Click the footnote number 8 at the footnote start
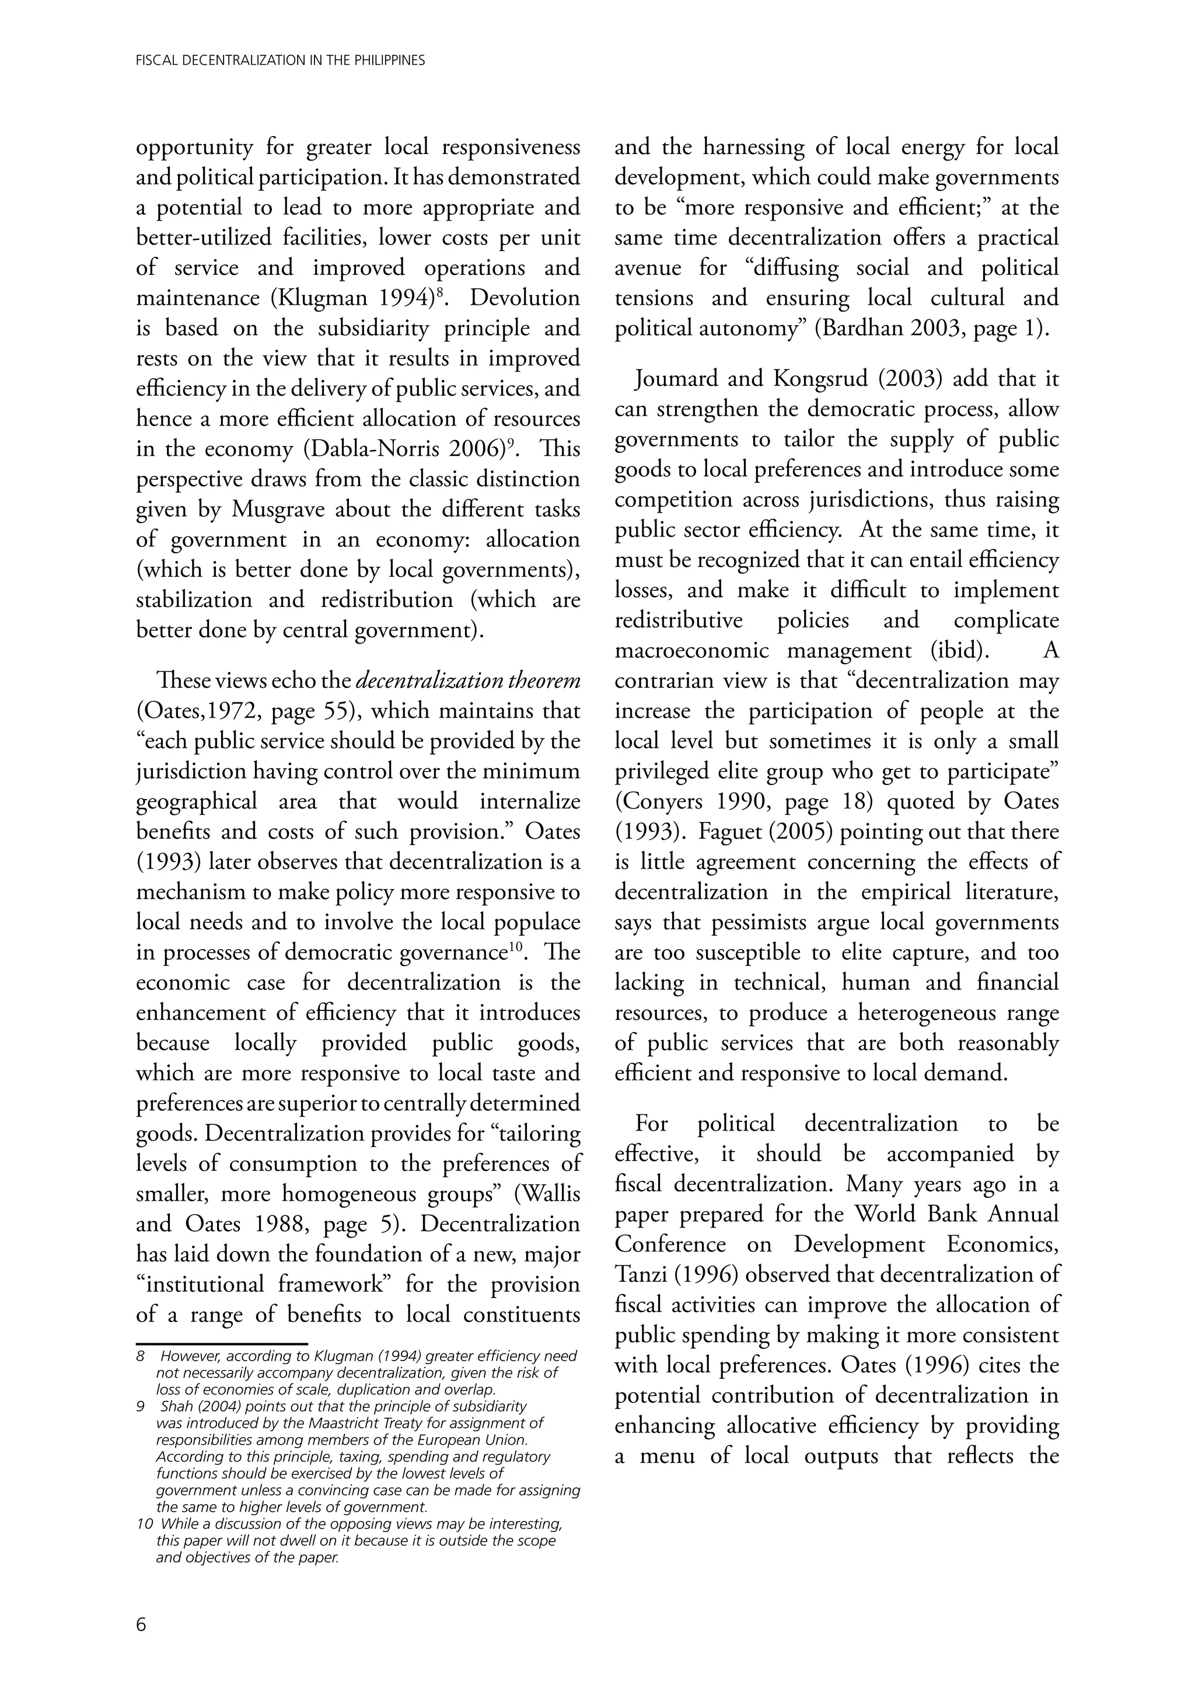141,1357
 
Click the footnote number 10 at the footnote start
145,1523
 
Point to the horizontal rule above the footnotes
221,1343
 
